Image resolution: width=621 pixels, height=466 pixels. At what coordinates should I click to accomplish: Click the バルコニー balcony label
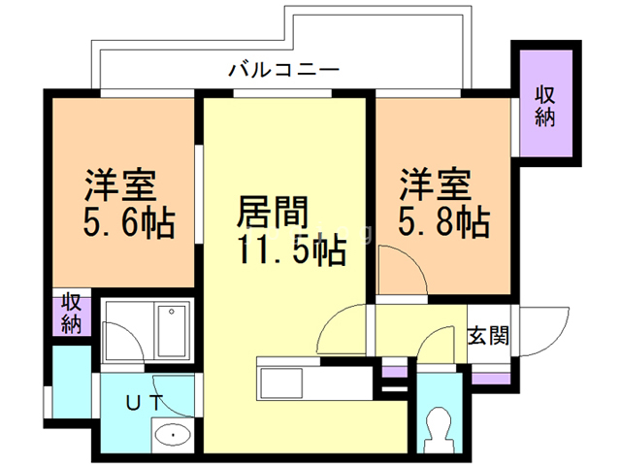tap(283, 70)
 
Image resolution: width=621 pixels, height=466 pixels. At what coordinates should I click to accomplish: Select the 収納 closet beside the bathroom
tap(71, 314)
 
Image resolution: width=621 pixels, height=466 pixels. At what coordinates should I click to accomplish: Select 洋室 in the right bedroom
tap(437, 183)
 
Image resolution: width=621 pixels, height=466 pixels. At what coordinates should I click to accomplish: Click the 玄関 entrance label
tap(488, 337)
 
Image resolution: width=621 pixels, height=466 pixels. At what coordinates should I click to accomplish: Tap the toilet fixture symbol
tap(439, 423)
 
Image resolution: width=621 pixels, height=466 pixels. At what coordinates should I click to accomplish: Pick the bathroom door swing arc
tap(123, 342)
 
